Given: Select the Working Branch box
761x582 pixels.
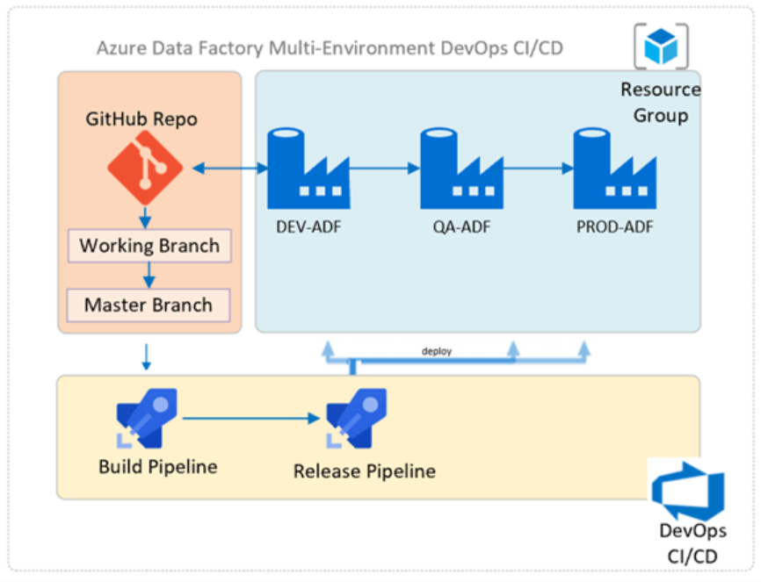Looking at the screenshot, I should point(149,246).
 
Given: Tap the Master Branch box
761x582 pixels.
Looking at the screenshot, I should point(149,305).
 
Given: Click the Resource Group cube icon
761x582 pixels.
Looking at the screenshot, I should point(660,47).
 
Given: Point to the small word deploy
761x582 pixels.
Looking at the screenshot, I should point(436,351).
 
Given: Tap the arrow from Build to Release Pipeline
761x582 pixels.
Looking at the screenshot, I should point(251,420).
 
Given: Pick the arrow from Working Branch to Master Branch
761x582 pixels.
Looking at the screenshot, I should point(149,276).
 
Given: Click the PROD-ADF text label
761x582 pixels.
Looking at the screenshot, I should point(615,228).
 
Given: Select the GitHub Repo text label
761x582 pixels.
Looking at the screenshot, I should point(141,119).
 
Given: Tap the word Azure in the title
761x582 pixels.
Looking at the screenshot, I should point(119,47).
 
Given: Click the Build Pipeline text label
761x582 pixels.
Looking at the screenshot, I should point(157,466).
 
